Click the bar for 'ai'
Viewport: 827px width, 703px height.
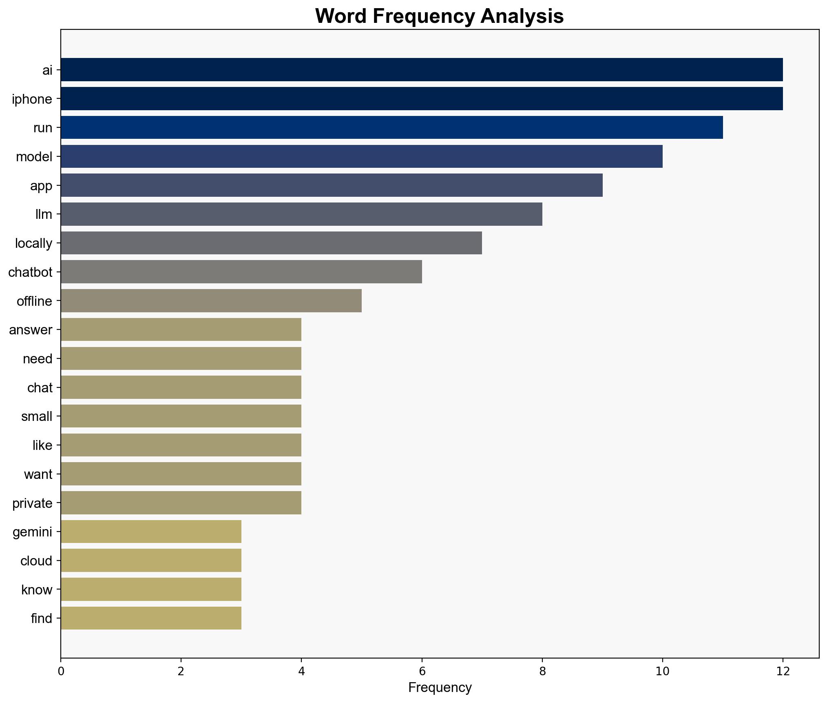click(422, 69)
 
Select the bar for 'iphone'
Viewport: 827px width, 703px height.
click(422, 98)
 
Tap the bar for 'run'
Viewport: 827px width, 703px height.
click(391, 127)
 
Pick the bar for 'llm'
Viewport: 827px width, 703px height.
click(301, 214)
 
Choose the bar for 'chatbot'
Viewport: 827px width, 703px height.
click(241, 272)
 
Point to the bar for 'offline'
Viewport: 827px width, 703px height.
click(211, 301)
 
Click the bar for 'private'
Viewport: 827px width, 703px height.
click(181, 503)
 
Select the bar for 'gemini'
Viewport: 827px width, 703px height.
click(151, 532)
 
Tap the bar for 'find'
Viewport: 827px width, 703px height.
click(151, 618)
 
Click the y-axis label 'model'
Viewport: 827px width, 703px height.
click(34, 156)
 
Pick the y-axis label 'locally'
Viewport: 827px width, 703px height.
click(34, 243)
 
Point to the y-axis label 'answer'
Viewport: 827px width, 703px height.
click(31, 329)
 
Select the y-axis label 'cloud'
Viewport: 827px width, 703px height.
click(36, 561)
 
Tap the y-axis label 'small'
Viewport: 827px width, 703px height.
click(37, 416)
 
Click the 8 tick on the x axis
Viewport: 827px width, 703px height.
click(542, 671)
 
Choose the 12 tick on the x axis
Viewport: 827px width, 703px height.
click(783, 671)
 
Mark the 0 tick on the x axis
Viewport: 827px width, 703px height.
click(61, 671)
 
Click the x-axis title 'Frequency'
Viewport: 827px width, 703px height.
click(440, 687)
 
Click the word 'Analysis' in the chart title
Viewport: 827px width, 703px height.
click(522, 16)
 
